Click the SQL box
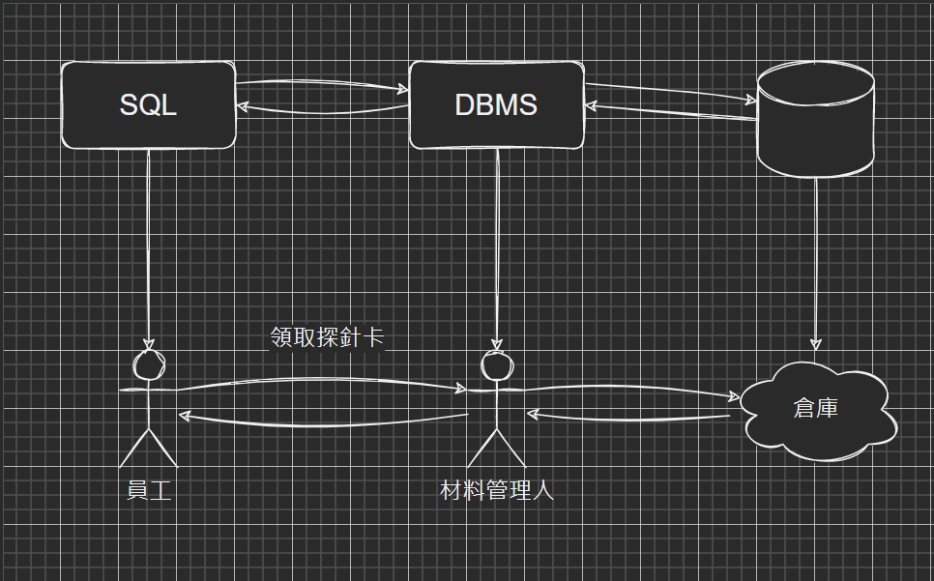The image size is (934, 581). (x=148, y=104)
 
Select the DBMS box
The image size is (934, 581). (x=497, y=104)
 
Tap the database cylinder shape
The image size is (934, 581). (x=815, y=119)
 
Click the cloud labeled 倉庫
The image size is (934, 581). (x=817, y=411)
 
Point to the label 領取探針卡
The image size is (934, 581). (x=327, y=337)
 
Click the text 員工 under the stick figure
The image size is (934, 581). (x=149, y=490)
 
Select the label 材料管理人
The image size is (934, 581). (x=497, y=490)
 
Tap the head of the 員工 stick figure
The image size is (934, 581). (x=149, y=364)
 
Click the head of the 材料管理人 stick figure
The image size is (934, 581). (x=497, y=364)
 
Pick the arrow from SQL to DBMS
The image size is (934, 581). (x=322, y=84)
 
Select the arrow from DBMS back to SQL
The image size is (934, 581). (x=322, y=110)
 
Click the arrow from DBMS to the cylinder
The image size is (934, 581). (x=670, y=92)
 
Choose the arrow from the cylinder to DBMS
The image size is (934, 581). (x=671, y=112)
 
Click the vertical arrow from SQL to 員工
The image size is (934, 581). (x=148, y=249)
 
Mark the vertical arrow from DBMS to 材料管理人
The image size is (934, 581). (x=497, y=249)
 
